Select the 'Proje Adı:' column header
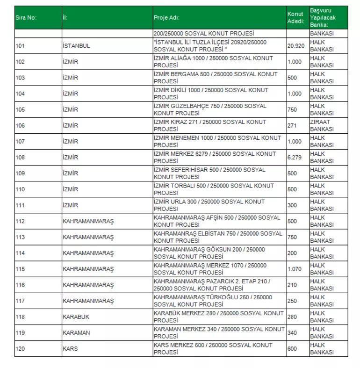(166, 18)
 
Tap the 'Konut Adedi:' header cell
(295, 18)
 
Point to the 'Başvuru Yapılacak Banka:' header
(322, 17)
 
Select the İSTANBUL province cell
(76, 46)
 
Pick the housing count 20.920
(295, 46)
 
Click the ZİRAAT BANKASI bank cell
(322, 125)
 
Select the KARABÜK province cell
(76, 317)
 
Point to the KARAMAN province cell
(77, 332)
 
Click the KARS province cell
(70, 348)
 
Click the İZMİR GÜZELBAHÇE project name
(210, 109)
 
